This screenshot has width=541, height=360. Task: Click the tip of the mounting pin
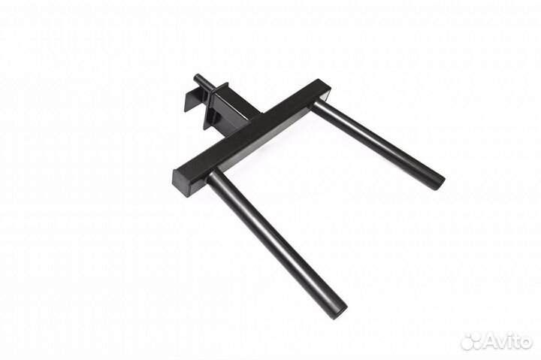197,77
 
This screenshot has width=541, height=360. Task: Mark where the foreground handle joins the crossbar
216,177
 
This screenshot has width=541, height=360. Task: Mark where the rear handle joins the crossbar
319,106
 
